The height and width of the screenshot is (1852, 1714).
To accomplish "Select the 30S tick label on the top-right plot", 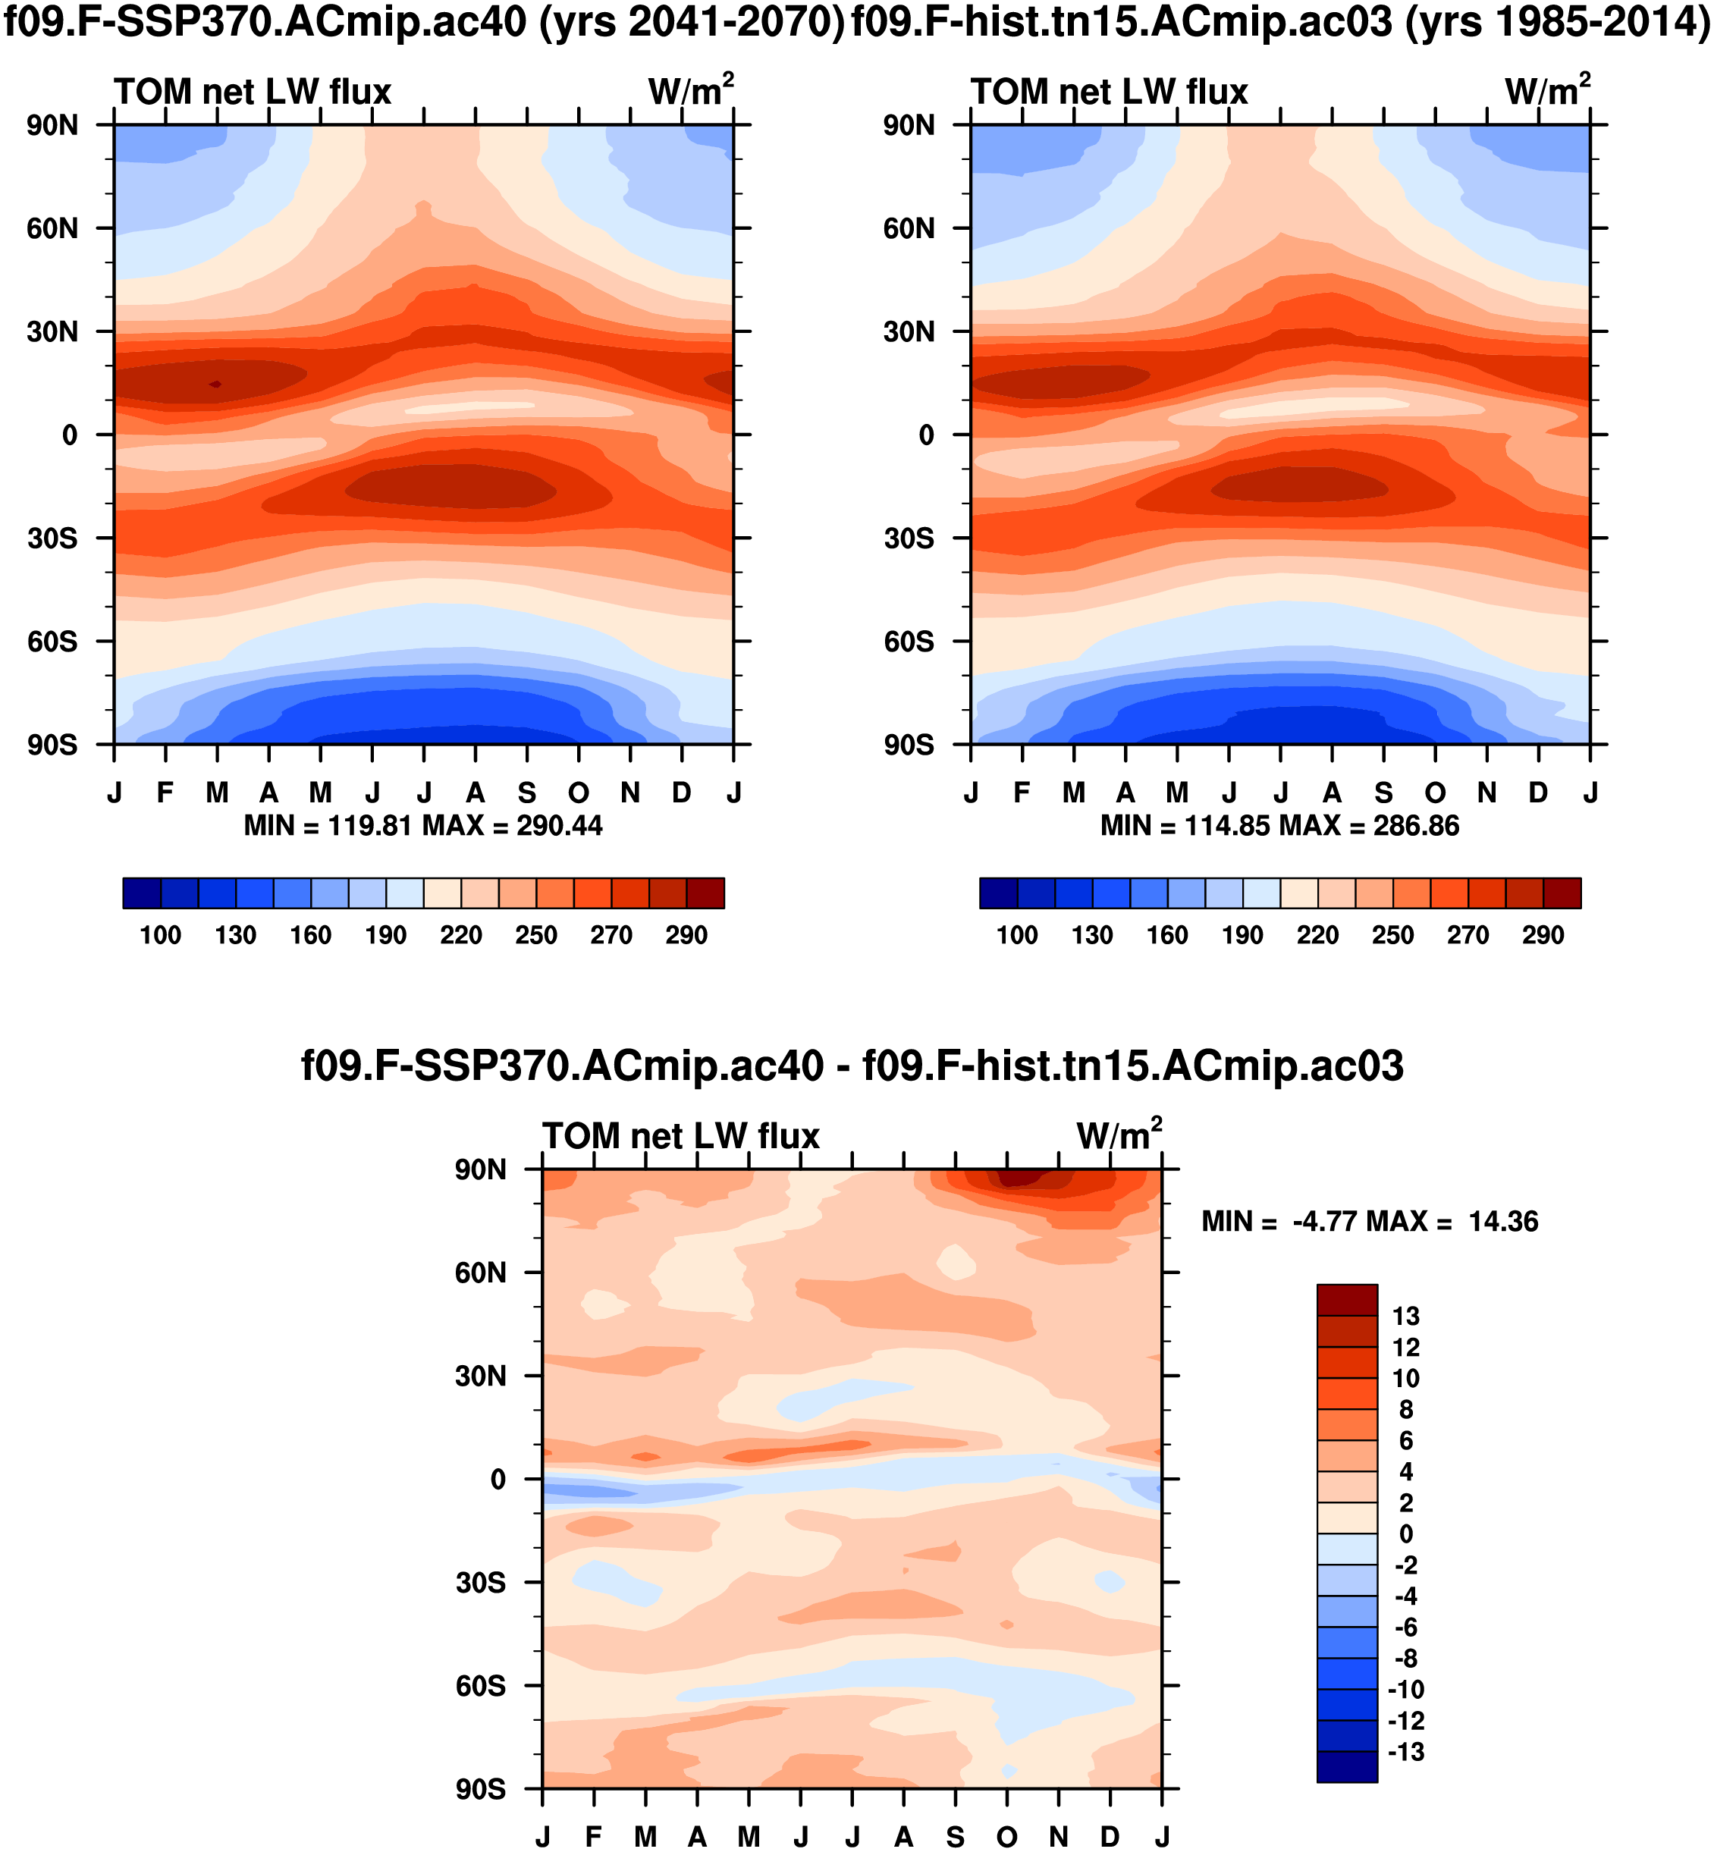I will point(909,538).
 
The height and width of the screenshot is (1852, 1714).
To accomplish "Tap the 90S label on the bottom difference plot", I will point(480,1789).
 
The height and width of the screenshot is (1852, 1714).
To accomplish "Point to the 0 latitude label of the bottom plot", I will point(498,1479).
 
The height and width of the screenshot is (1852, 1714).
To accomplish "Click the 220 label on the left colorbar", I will point(461,935).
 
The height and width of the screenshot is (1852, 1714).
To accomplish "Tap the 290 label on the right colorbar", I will point(1543,935).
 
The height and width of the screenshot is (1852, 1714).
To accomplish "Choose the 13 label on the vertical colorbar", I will point(1406,1316).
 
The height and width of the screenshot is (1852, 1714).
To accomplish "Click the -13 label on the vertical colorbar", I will point(1406,1752).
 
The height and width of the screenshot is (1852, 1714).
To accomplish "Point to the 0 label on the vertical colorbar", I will point(1406,1534).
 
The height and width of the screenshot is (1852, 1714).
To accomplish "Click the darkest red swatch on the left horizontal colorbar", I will point(705,893).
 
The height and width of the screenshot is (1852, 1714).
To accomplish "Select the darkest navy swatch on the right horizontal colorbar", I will point(999,893).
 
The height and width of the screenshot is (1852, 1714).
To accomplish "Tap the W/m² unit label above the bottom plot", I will point(1119,1135).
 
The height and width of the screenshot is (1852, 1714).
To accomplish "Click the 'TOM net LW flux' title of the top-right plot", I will point(1110,92).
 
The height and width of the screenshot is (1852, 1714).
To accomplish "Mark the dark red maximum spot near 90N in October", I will point(1020,1178).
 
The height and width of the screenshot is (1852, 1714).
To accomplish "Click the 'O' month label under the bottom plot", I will point(1007,1837).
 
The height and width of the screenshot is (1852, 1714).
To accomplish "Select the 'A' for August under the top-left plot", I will point(476,793).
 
